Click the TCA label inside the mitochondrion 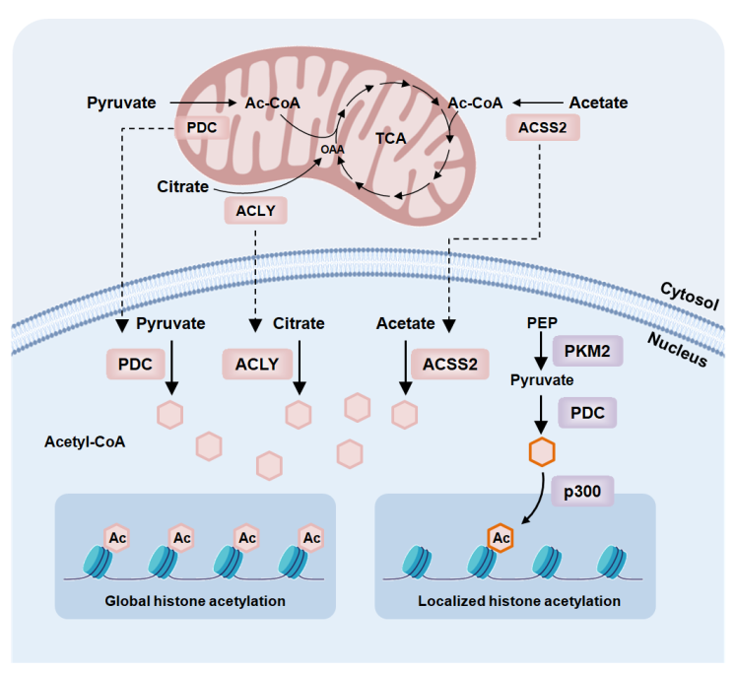pyautogui.click(x=391, y=139)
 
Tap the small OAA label pyautogui.click(x=332, y=149)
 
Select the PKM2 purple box pyautogui.click(x=588, y=350)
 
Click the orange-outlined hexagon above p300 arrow pyautogui.click(x=542, y=452)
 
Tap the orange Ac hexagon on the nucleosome pyautogui.click(x=501, y=537)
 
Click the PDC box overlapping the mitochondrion pyautogui.click(x=201, y=127)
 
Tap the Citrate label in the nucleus pyautogui.click(x=299, y=323)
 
